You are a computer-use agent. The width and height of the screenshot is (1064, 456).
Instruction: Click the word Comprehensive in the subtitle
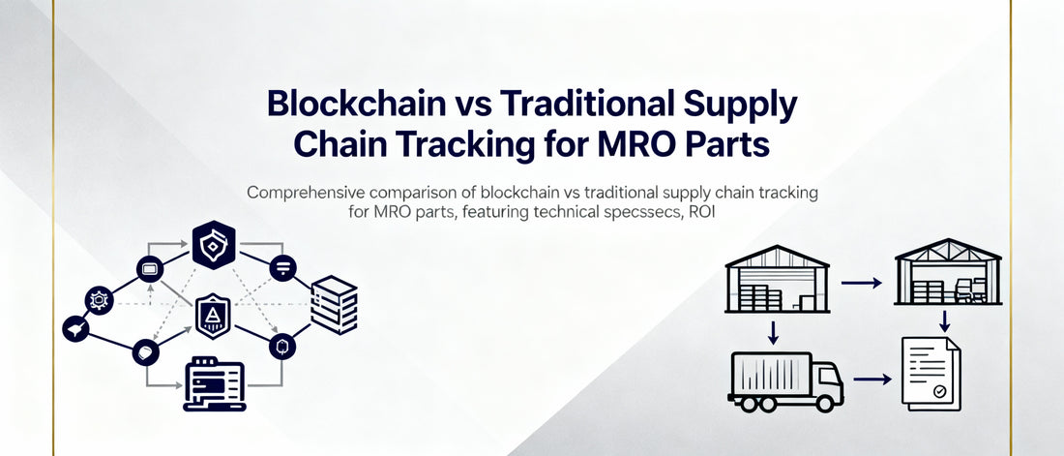pyautogui.click(x=310, y=193)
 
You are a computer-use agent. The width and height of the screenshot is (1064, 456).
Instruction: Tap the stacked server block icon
pyautogui.click(x=334, y=300)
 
